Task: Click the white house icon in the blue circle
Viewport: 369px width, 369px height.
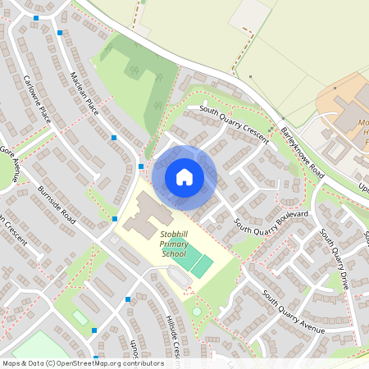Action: click(x=184, y=176)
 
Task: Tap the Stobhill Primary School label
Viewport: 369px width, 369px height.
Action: click(x=173, y=244)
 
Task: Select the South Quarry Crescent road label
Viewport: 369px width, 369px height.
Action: click(x=233, y=125)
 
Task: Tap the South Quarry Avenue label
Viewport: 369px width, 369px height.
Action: click(x=294, y=311)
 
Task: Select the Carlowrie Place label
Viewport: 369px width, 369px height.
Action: click(x=38, y=98)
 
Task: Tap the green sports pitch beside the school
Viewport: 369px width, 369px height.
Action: click(x=197, y=266)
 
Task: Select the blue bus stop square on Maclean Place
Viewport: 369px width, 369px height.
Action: click(x=114, y=137)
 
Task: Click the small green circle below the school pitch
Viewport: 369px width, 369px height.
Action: click(x=196, y=312)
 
